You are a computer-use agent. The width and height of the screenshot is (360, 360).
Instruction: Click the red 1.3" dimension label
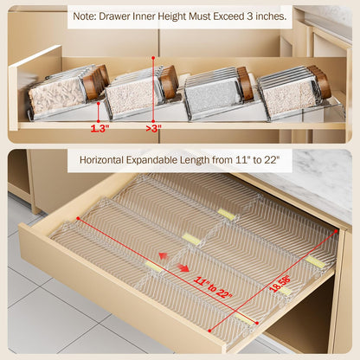[x=100, y=128]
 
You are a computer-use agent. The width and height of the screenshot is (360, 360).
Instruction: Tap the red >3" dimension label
[x=153, y=128]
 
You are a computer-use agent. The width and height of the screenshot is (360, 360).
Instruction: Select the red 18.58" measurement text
[x=280, y=284]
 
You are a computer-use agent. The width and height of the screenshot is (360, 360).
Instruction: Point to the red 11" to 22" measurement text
[x=213, y=287]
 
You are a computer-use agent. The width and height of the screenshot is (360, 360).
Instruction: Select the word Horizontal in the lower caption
[x=101, y=160]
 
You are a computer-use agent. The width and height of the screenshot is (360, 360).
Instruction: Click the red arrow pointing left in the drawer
[x=164, y=256]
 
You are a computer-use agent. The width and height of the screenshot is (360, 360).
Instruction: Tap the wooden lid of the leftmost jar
[x=97, y=81]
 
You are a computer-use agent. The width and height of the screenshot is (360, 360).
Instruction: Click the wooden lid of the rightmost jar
[x=319, y=81]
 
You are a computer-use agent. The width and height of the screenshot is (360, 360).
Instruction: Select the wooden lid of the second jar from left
[x=169, y=82]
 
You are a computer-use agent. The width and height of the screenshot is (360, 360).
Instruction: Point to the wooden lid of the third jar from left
[x=246, y=83]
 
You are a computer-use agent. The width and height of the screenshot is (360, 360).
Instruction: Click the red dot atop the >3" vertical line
[x=153, y=58]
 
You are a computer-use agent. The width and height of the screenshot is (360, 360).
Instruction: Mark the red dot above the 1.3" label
[x=99, y=102]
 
